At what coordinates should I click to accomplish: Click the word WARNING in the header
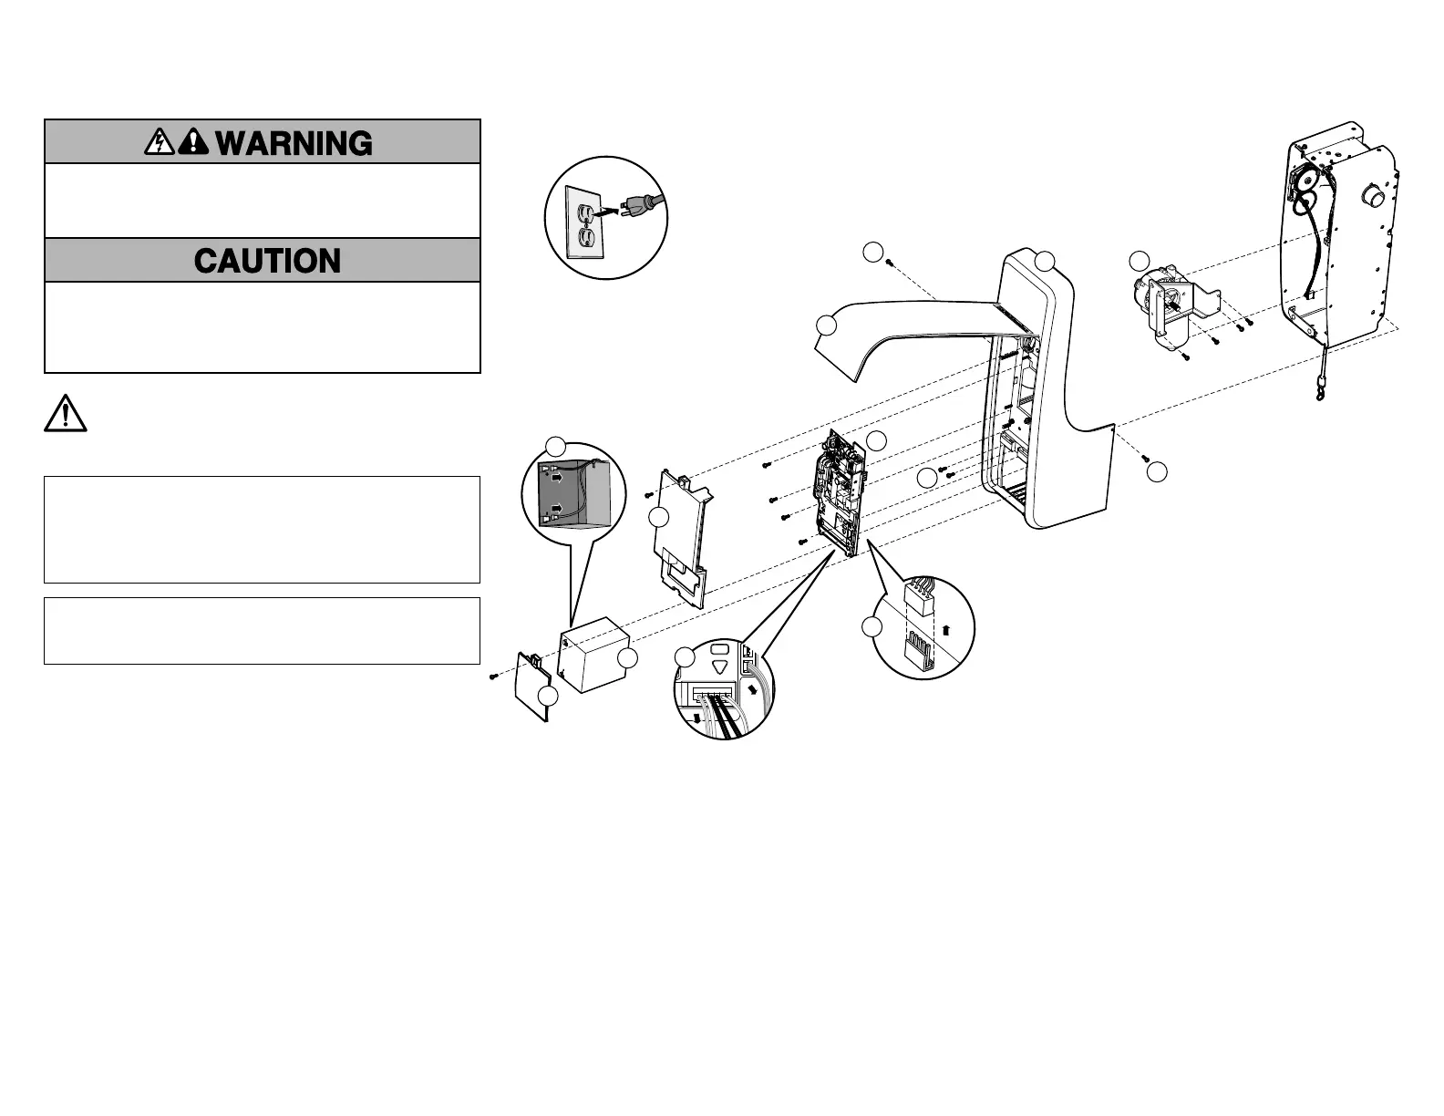click(294, 143)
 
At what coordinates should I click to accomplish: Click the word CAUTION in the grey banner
click(267, 261)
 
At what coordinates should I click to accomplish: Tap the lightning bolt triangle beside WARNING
click(160, 142)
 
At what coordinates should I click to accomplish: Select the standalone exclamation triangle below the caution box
click(66, 414)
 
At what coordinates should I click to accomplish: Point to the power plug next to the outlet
click(635, 208)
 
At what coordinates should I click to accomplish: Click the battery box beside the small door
click(595, 653)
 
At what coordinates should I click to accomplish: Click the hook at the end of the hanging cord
click(1319, 395)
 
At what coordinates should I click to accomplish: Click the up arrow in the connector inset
click(945, 629)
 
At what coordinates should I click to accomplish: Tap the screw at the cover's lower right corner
click(1146, 459)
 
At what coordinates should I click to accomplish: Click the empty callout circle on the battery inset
click(555, 446)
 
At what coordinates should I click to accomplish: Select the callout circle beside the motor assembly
click(1139, 261)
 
